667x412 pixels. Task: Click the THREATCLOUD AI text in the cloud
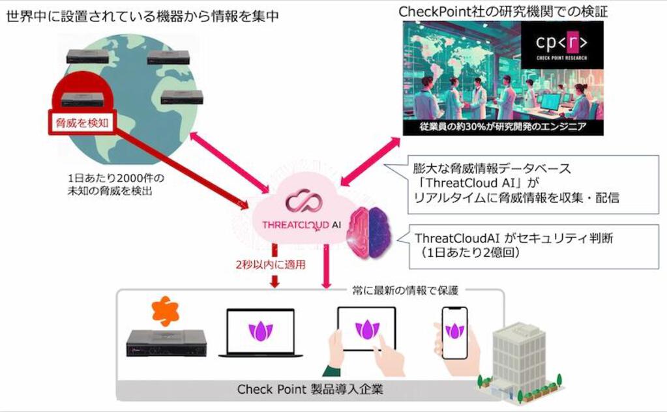301,224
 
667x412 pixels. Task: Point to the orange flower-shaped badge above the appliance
166,311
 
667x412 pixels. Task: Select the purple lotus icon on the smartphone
454,330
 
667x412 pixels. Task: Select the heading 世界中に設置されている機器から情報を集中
143,15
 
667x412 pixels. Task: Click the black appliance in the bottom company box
166,344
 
